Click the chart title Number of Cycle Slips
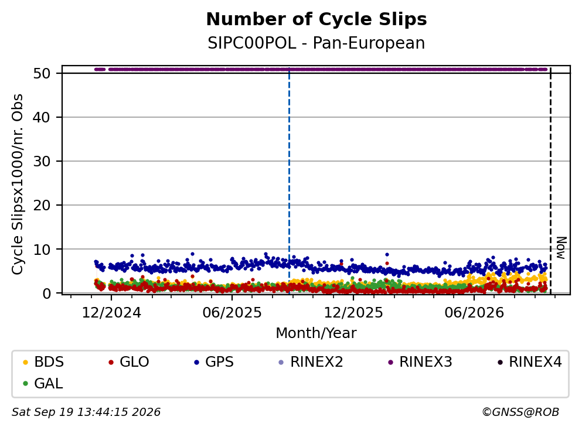point(316,19)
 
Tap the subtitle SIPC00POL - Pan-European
point(316,43)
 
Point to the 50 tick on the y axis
point(42,73)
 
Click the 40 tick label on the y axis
point(42,117)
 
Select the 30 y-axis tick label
point(42,161)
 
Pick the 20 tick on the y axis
point(42,205)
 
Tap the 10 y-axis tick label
point(42,250)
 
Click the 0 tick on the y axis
point(46,293)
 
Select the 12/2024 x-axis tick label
point(111,313)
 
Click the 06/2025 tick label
point(232,313)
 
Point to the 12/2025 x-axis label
point(353,313)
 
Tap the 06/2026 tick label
point(474,313)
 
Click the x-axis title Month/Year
point(316,333)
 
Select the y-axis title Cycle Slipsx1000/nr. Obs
point(18,184)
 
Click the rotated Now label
point(561,248)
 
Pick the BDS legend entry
point(43,361)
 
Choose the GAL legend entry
point(43,383)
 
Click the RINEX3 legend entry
point(420,361)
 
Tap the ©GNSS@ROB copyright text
point(520,412)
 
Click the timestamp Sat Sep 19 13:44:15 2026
point(86,412)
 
